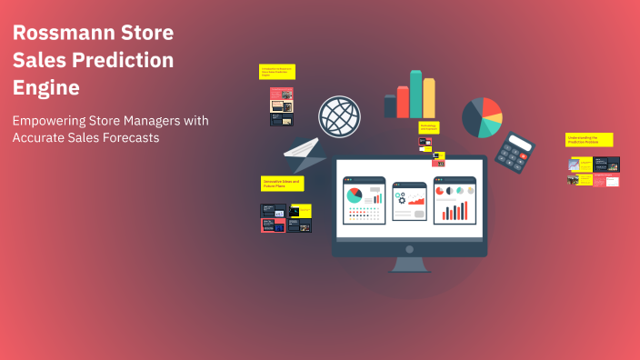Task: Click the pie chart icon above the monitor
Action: point(482,117)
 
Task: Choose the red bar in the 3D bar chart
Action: point(403,102)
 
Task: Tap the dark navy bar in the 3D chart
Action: point(390,106)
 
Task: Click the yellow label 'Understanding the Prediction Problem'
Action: point(589,140)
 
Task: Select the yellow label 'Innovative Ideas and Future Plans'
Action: point(282,184)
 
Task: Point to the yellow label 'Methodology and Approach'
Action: point(428,127)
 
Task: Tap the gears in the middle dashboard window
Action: point(400,197)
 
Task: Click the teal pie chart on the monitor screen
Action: point(355,195)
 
